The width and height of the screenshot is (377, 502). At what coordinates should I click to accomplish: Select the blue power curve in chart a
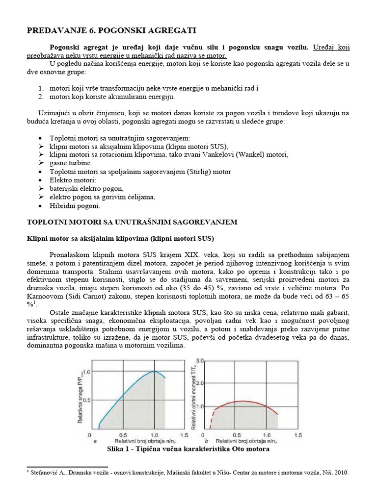128,392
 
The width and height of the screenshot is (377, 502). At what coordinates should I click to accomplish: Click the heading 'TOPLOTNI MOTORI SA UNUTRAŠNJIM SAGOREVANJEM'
132,222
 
